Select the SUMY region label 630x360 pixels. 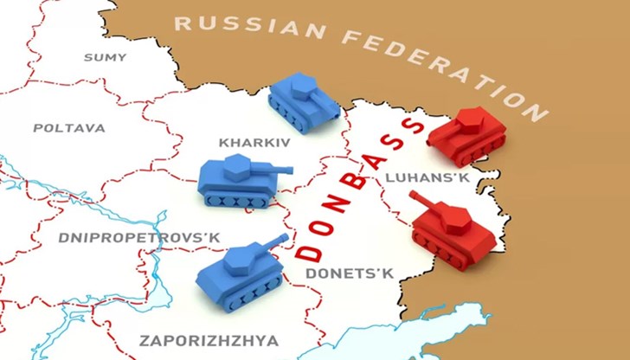(105, 57)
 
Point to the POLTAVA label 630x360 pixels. (69, 128)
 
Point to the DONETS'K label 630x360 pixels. (350, 273)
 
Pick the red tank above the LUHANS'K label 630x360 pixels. (468, 134)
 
